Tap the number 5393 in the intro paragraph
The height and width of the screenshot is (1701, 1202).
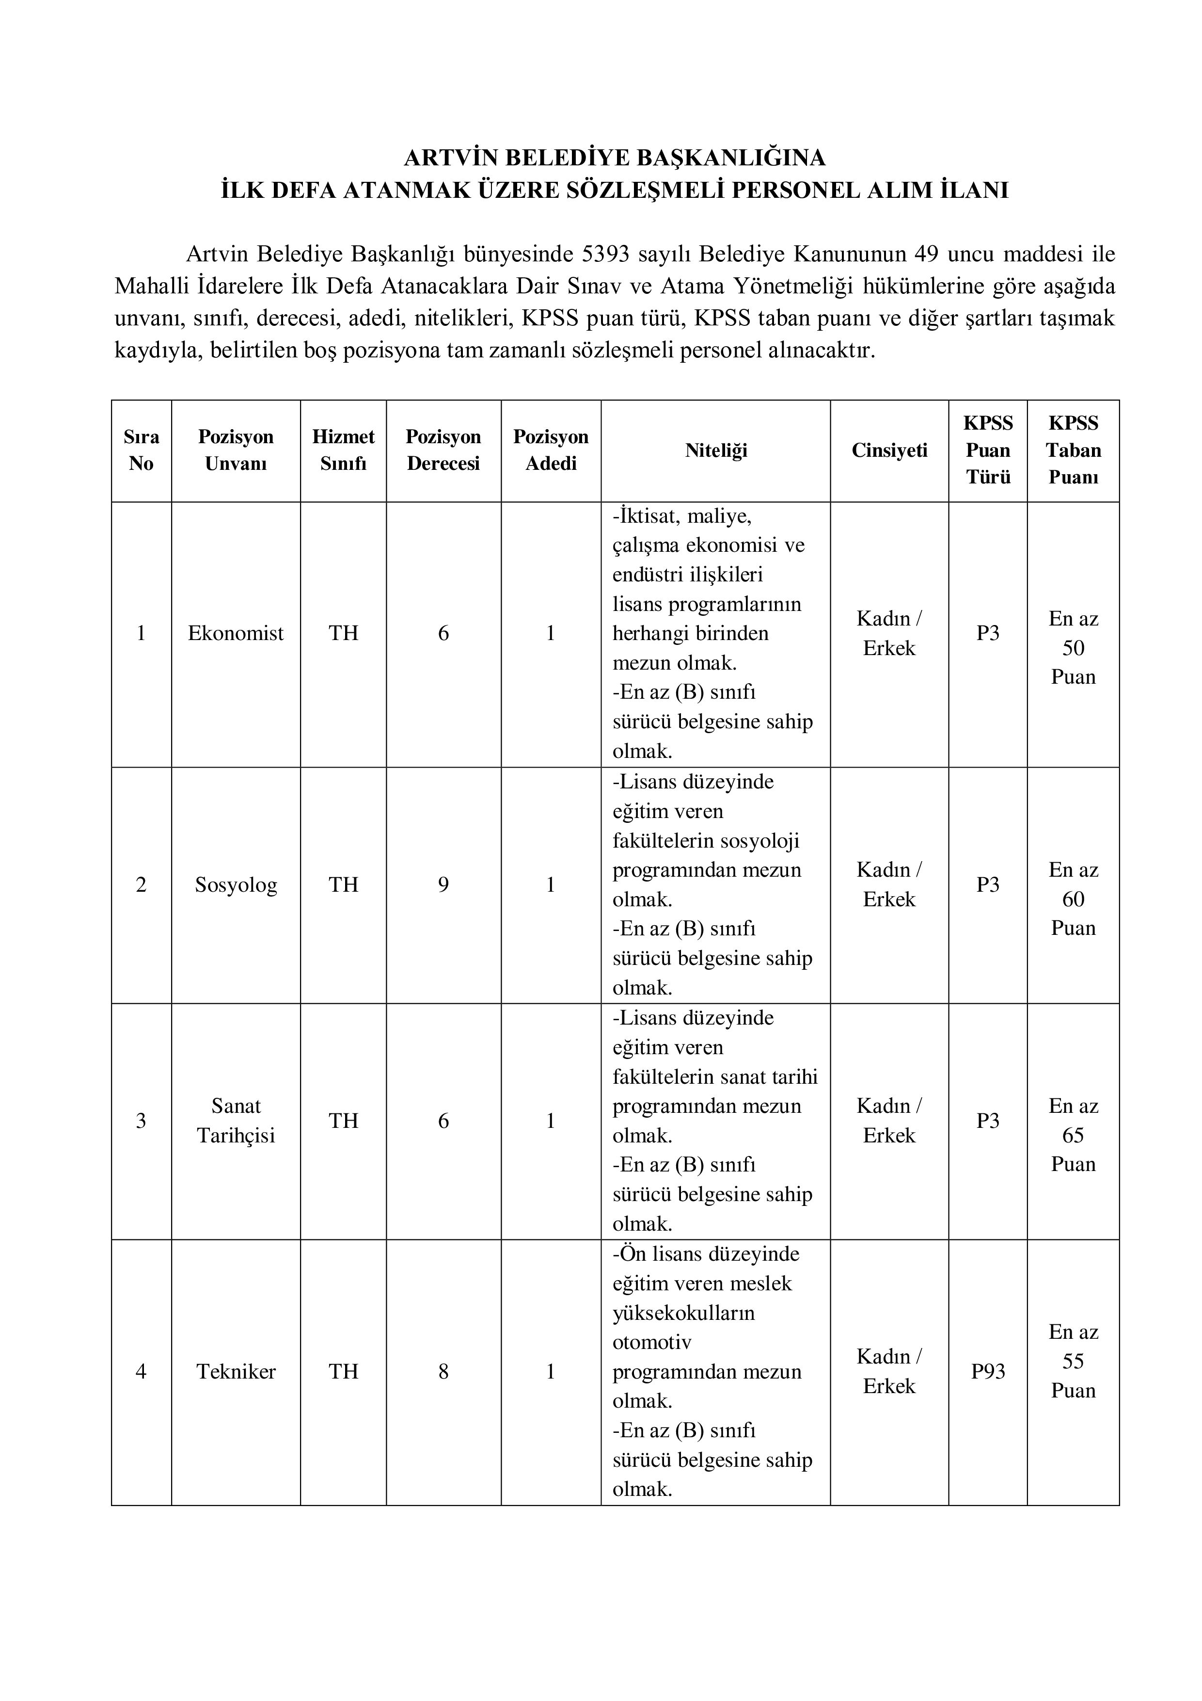click(x=606, y=254)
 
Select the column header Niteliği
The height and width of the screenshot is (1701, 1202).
click(x=715, y=450)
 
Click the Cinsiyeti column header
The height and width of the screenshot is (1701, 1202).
click(x=889, y=450)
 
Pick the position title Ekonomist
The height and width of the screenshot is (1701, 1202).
click(x=236, y=633)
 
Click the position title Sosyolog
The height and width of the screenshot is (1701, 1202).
click(x=236, y=884)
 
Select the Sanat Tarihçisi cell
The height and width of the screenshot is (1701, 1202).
click(x=236, y=1121)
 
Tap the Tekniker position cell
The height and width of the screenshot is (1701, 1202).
click(x=236, y=1372)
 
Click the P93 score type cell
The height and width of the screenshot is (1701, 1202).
click(x=988, y=1372)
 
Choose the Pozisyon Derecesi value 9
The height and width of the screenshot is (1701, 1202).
click(x=443, y=884)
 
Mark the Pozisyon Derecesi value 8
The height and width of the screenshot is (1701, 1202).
click(x=443, y=1372)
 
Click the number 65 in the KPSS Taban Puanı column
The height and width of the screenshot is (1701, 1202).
click(x=1073, y=1135)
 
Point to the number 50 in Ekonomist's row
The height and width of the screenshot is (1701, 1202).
click(x=1073, y=648)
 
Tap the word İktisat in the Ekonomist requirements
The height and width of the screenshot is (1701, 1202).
click(x=642, y=516)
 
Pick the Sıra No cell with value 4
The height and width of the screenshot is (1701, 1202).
click(x=141, y=1372)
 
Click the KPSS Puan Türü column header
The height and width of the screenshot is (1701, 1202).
click(x=988, y=450)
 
